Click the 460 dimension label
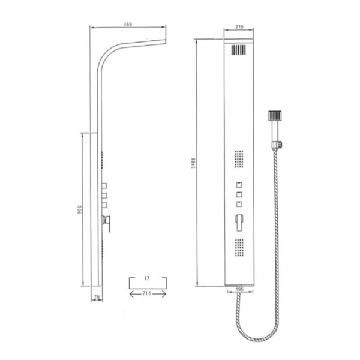point(128,25)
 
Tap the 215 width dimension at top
point(239,28)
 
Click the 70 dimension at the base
point(95,296)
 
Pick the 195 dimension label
point(239,289)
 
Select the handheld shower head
point(275,117)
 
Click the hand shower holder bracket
point(278,144)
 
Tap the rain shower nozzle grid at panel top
point(239,51)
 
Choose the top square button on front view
point(239,183)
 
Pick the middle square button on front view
point(239,194)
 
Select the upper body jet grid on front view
point(239,159)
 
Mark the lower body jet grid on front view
point(239,248)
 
